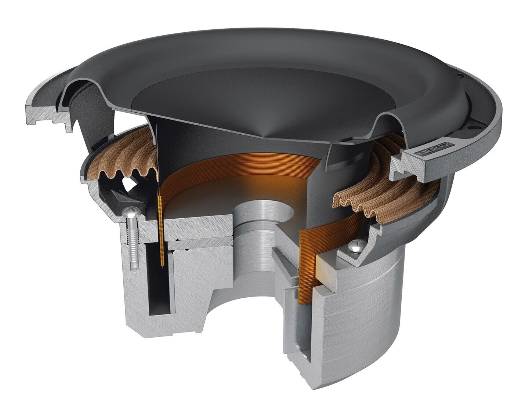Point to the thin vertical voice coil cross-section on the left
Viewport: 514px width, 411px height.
[x=161, y=231]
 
